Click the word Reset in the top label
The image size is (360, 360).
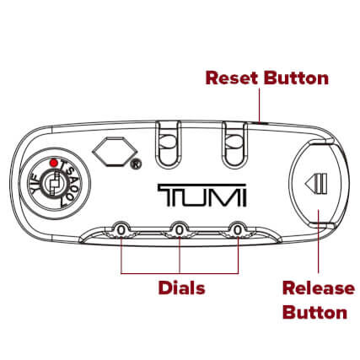coord(232,78)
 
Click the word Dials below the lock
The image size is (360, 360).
coord(182,287)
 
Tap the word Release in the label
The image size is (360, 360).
coord(319,288)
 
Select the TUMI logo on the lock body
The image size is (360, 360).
coord(201,195)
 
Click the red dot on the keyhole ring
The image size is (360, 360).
coord(54,163)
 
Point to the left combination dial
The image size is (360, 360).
coord(121,230)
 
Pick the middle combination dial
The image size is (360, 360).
coord(180,230)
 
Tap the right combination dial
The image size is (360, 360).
coord(238,230)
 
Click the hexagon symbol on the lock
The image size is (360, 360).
coord(114,152)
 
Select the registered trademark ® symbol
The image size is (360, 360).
coord(137,164)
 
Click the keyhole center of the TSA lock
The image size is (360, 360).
coord(54,184)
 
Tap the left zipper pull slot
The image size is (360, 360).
coord(168,144)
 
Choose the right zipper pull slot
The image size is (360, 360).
coord(234,144)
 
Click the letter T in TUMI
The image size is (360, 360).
coord(172,195)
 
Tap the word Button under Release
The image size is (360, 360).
coord(314,312)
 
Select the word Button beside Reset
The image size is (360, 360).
coord(296,78)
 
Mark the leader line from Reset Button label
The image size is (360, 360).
coord(259,105)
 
